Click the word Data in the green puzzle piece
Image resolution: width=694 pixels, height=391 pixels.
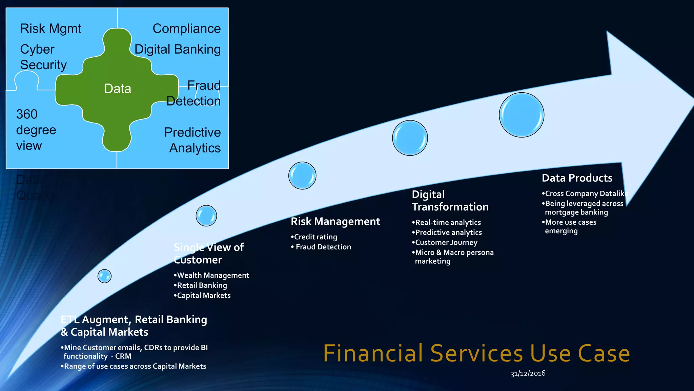[x=117, y=89]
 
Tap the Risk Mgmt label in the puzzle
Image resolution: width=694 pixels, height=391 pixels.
[x=50, y=29]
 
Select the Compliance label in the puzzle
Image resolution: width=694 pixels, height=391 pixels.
[x=186, y=29]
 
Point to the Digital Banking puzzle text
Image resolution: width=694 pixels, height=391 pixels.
[x=177, y=50]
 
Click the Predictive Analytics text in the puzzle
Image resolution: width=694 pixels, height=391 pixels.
[x=192, y=140]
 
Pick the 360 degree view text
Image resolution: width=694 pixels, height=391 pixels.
[x=36, y=130]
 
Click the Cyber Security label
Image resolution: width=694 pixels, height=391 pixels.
[x=43, y=57]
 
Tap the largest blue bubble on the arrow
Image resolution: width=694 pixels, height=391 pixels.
[x=521, y=115]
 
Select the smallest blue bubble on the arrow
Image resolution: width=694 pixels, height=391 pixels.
[x=104, y=276]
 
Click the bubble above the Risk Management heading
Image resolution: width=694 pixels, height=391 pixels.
[x=302, y=175]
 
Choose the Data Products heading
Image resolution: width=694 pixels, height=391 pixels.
[x=577, y=178]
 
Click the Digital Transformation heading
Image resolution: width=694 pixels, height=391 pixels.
[x=450, y=201]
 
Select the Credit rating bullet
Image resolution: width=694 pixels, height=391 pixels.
[x=315, y=237]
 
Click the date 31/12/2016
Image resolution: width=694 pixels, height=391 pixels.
[x=528, y=373]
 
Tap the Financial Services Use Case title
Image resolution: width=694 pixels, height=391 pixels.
[x=476, y=353]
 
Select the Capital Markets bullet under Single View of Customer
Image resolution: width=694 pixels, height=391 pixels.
[x=203, y=296]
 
